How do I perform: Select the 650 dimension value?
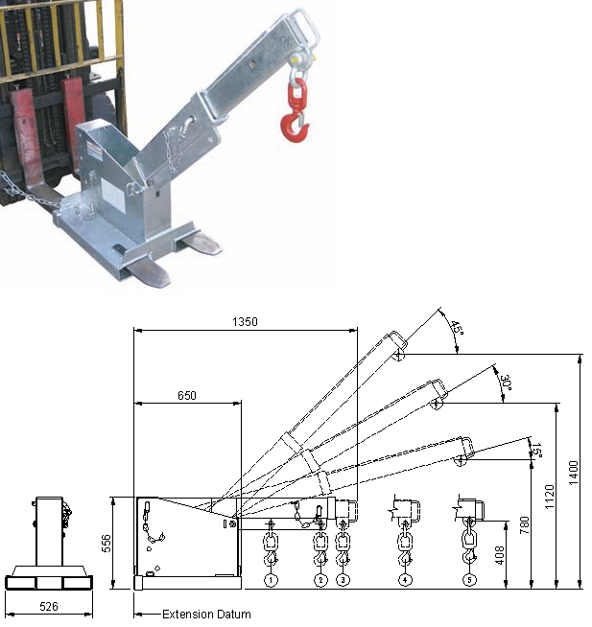click(186, 395)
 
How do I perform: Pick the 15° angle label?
click(536, 448)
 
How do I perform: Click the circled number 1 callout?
click(272, 580)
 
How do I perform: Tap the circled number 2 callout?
click(320, 580)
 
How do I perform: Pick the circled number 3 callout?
click(343, 580)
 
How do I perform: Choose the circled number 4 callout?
click(405, 580)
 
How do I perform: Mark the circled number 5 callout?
click(468, 580)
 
